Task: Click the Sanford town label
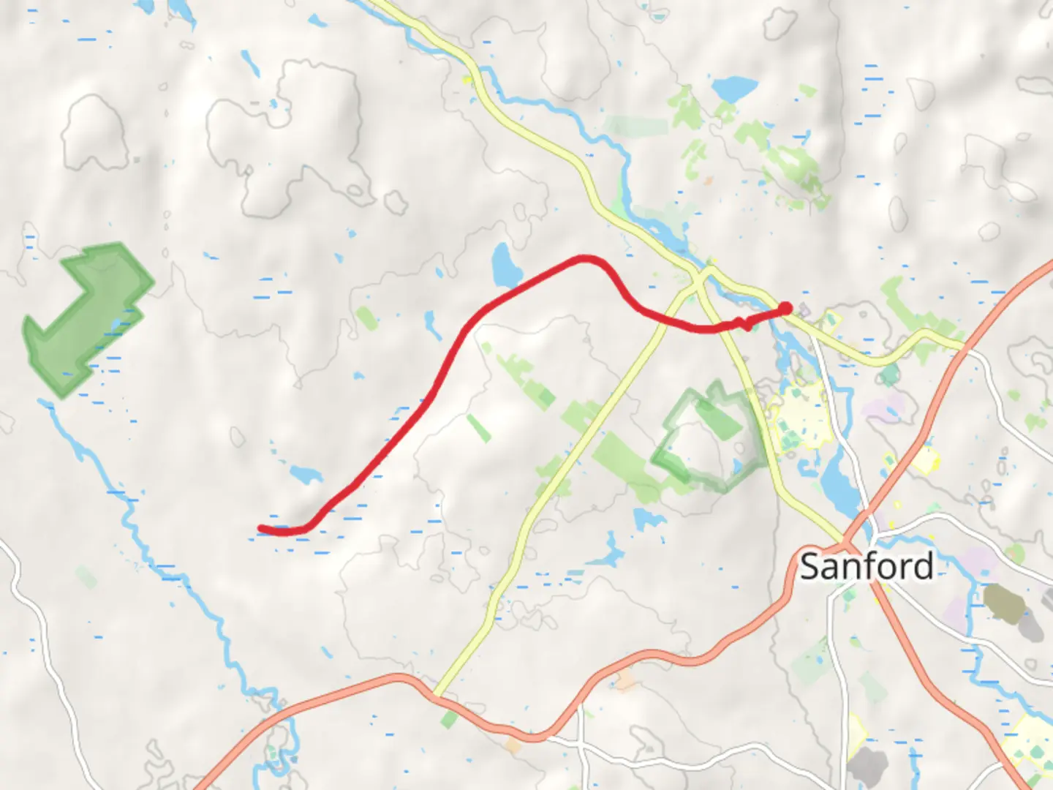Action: coord(867,566)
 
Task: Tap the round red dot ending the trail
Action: coord(785,309)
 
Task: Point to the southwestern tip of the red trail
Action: coord(262,528)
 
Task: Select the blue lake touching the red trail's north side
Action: coord(505,266)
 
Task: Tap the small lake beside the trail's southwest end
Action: coord(306,473)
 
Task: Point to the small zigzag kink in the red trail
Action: coord(744,323)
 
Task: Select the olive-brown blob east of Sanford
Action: coord(1005,601)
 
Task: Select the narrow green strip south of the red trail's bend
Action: coord(479,428)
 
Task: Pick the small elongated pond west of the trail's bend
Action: coord(433,325)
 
